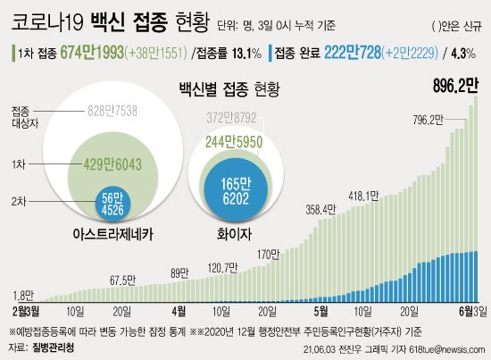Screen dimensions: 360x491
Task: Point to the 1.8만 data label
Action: click(24, 294)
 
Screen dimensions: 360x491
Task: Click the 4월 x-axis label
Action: click(179, 312)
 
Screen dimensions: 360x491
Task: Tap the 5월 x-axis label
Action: click(321, 312)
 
